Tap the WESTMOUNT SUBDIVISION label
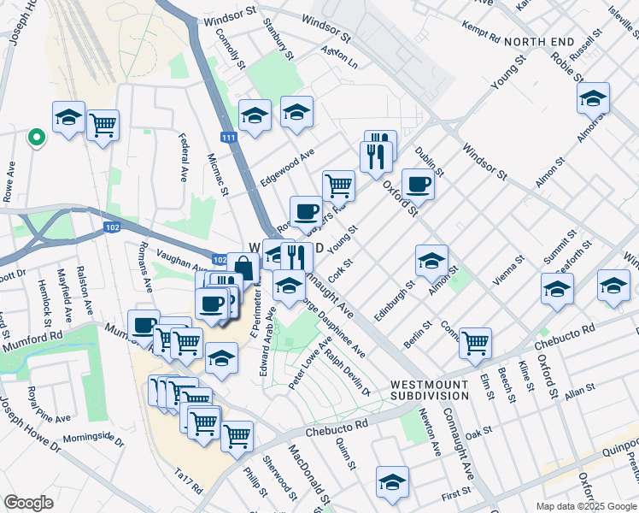[430, 390]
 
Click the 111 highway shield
[228, 138]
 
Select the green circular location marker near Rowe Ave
[36, 136]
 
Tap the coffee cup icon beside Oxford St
[418, 184]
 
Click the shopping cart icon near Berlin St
[475, 342]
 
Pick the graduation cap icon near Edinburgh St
[431, 260]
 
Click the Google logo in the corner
[29, 502]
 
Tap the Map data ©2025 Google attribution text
[586, 505]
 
